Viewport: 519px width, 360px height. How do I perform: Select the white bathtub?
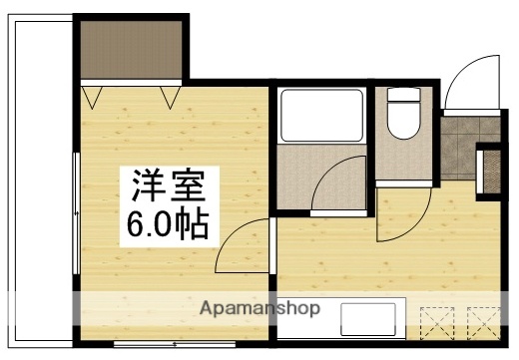(320, 116)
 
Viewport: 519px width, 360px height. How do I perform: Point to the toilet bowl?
(404, 125)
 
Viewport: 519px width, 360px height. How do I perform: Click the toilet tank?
(404, 96)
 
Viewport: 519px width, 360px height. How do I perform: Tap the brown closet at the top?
(130, 50)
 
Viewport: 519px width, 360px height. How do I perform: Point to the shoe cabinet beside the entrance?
(492, 171)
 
